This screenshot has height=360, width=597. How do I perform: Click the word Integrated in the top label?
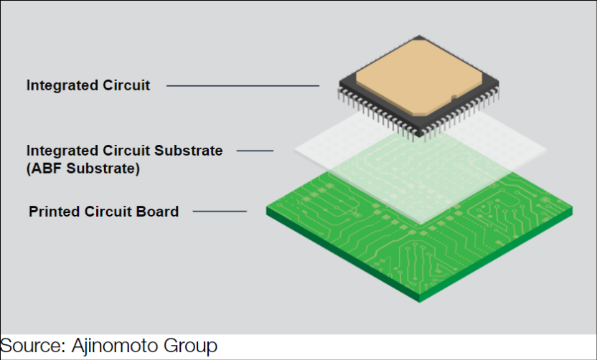tap(60, 85)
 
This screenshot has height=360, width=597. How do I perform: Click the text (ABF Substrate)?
tap(83, 170)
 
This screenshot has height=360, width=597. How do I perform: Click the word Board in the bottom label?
tap(157, 212)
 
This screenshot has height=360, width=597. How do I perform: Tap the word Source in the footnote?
tap(32, 346)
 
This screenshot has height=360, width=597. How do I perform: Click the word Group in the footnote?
tap(192, 346)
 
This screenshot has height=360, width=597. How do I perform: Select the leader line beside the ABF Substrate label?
tap(255, 151)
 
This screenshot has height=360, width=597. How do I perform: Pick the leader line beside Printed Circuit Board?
tap(220, 212)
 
